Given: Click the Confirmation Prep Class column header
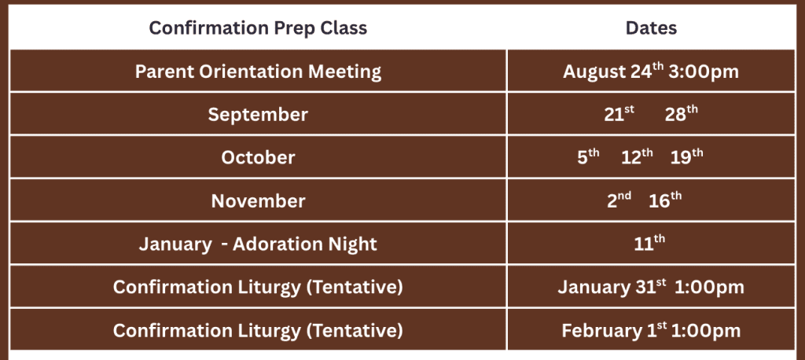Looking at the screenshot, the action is click(258, 28).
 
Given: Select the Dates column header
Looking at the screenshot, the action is click(651, 28).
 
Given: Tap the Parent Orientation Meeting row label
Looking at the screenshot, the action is click(258, 72).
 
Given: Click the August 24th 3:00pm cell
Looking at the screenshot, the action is click(651, 71).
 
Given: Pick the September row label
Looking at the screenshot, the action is click(258, 115).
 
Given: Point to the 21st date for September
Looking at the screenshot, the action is click(619, 114).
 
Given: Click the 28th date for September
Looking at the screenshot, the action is click(682, 114).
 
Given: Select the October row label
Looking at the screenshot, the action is click(258, 157).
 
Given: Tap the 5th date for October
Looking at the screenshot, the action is click(588, 157).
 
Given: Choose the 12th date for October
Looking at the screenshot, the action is click(637, 157).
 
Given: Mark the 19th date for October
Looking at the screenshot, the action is click(687, 157).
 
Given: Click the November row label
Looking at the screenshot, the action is click(258, 200).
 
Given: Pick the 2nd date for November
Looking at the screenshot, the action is click(619, 200).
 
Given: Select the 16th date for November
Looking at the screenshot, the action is click(665, 200).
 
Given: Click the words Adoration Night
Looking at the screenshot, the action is click(305, 244).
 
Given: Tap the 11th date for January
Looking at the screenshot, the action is click(649, 244).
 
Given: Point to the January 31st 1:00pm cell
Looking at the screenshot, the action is click(651, 287).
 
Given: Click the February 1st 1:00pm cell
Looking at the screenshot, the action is click(651, 330).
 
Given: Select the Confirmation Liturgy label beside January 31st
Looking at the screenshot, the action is click(258, 287).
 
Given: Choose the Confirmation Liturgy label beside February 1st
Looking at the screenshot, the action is click(258, 331).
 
